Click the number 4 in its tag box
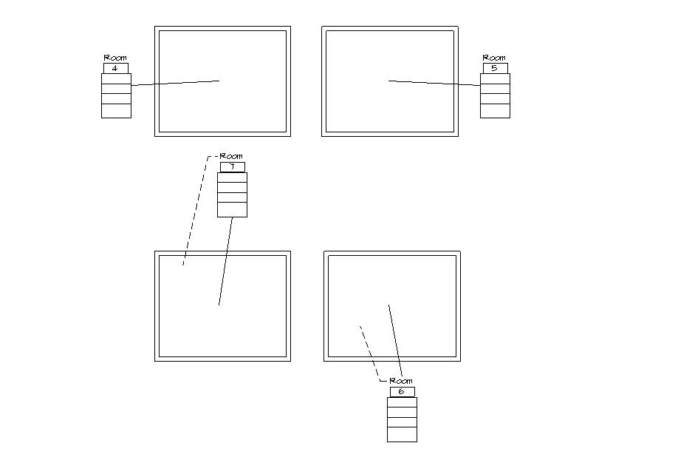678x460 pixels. coord(115,68)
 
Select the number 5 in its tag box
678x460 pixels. coord(495,68)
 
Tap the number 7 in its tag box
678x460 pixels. coord(232,167)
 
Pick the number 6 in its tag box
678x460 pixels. coord(402,392)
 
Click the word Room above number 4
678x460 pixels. coord(115,58)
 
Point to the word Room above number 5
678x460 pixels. coord(494,58)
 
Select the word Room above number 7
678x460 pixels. coord(232,157)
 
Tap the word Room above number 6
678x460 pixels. coord(401,381)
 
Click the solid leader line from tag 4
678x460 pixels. coord(176,84)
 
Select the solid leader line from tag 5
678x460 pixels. coord(434,84)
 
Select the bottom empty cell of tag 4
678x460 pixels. coord(116,111)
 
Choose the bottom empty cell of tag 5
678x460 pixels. coord(495,111)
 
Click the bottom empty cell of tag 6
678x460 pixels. coord(402,435)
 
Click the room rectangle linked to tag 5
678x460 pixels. coord(389,44)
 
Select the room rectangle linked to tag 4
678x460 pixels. coord(222,44)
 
